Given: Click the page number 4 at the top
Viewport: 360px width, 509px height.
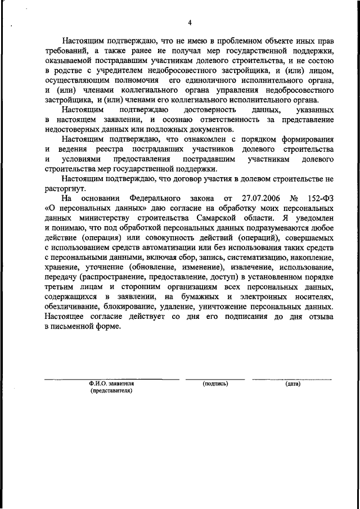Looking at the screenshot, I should pos(190,22).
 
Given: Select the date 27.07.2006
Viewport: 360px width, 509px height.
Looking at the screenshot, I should pos(261,199).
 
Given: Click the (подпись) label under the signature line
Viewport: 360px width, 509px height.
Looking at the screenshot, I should pos(215,384).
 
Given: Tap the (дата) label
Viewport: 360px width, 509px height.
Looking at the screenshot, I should pos(292,384).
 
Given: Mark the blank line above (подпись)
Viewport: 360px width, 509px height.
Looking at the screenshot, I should pos(215,380).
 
